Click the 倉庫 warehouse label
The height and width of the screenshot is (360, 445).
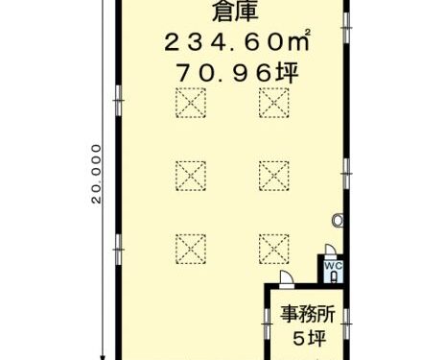coord(235,12)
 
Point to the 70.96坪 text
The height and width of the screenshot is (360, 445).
coord(237,73)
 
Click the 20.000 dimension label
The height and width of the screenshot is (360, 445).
coord(96,174)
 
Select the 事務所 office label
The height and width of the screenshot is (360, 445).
coord(308,314)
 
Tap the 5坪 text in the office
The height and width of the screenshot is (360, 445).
coord(310,338)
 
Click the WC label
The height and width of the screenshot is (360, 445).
coord(334,265)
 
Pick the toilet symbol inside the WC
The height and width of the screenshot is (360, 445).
coord(334,276)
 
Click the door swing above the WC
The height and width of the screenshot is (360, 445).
coord(331,251)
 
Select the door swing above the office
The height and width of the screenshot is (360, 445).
coord(286,277)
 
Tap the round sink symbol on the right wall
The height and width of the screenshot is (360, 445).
coord(338,221)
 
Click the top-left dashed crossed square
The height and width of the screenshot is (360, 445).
coord(191,103)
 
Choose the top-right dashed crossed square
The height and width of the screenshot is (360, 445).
coord(274,103)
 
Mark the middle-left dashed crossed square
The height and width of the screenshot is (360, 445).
coord(191,176)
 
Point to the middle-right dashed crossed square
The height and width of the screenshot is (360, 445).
coord(274,176)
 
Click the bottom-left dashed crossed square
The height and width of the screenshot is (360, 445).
coord(191,249)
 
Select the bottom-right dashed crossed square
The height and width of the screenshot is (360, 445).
coord(274,249)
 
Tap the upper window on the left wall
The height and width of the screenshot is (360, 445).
coord(119,101)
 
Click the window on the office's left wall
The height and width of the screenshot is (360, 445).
coord(266,324)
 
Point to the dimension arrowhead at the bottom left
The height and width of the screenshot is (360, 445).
coord(103,357)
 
